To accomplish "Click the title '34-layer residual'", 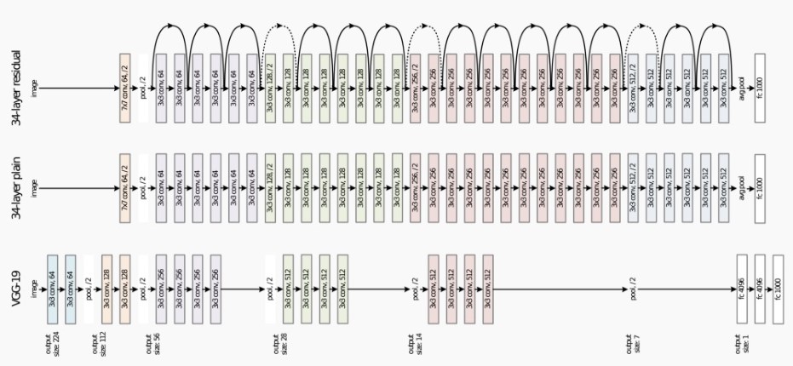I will pyautogui.click(x=15, y=89).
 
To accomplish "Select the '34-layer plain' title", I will pyautogui.click(x=15, y=188).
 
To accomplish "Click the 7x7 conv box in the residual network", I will pyautogui.click(x=124, y=88).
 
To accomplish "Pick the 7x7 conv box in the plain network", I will pyautogui.click(x=124, y=188).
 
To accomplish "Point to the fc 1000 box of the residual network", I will pyautogui.click(x=760, y=88).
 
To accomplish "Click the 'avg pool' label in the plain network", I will pyautogui.click(x=742, y=188).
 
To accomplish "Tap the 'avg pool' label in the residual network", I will pyautogui.click(x=742, y=88).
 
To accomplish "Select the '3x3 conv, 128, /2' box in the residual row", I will pyautogui.click(x=270, y=88).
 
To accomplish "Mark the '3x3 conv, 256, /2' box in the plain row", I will pyautogui.click(x=416, y=188).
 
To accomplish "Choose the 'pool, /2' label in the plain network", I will pyautogui.click(x=142, y=188).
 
